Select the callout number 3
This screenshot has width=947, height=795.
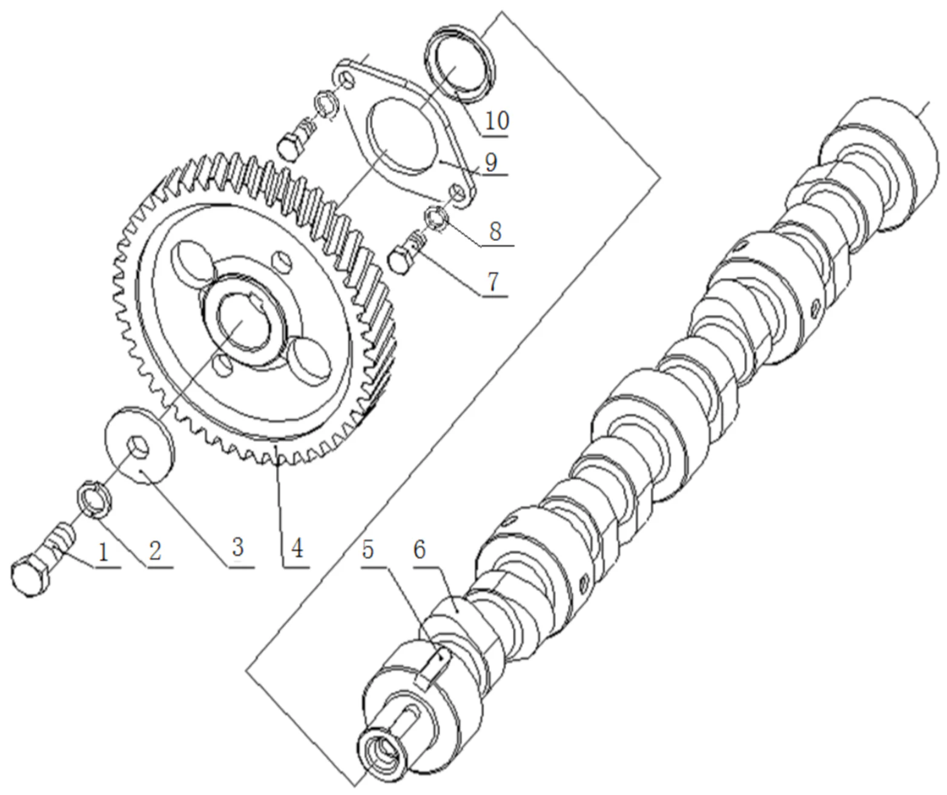tap(237, 547)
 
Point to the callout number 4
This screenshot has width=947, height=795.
tap(296, 549)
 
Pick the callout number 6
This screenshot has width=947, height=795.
tap(419, 550)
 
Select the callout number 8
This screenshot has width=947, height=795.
tap(496, 231)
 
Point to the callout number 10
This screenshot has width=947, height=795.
tap(497, 120)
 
